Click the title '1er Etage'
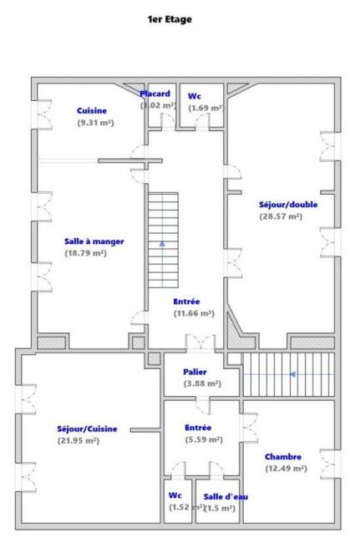pos(170,19)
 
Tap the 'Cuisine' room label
pos(92,111)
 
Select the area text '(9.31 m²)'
pos(95,123)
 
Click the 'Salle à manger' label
pos(94,241)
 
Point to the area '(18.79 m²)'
pos(86,253)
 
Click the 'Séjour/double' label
pos(288,205)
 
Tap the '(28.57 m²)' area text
pos(281,216)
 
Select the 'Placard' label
pos(155,94)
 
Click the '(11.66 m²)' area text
pos(194,313)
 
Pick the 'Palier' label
pos(195,372)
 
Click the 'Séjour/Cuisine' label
pos(87,429)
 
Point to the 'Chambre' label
pos(283,457)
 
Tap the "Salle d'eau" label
pos(226,496)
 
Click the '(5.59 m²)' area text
pos(204,439)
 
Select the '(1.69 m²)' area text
pos(205,108)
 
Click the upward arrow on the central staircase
pos(162,243)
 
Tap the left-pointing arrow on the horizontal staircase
pos(292,374)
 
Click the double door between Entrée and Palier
pos(200,343)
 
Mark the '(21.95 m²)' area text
pos(79,441)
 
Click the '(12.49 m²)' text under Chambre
pos(286,469)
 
